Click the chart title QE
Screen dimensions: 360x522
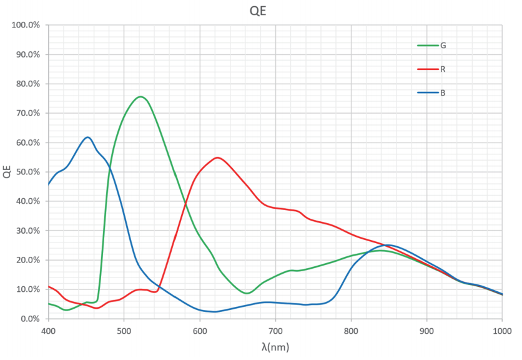pos(258,12)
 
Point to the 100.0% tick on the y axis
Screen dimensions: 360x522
pos(26,25)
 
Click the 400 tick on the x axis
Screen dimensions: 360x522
pos(48,330)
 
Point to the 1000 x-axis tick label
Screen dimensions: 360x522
pos(501,330)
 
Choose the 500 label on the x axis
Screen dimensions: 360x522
pos(124,330)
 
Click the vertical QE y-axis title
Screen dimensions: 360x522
pos(7,172)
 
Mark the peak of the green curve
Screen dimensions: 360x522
pos(140,97)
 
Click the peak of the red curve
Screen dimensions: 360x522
pos(217,157)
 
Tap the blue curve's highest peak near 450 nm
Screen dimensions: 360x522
pos(88,137)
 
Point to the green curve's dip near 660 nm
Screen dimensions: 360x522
pos(247,293)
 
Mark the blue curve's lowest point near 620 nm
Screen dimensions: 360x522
pos(215,311)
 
